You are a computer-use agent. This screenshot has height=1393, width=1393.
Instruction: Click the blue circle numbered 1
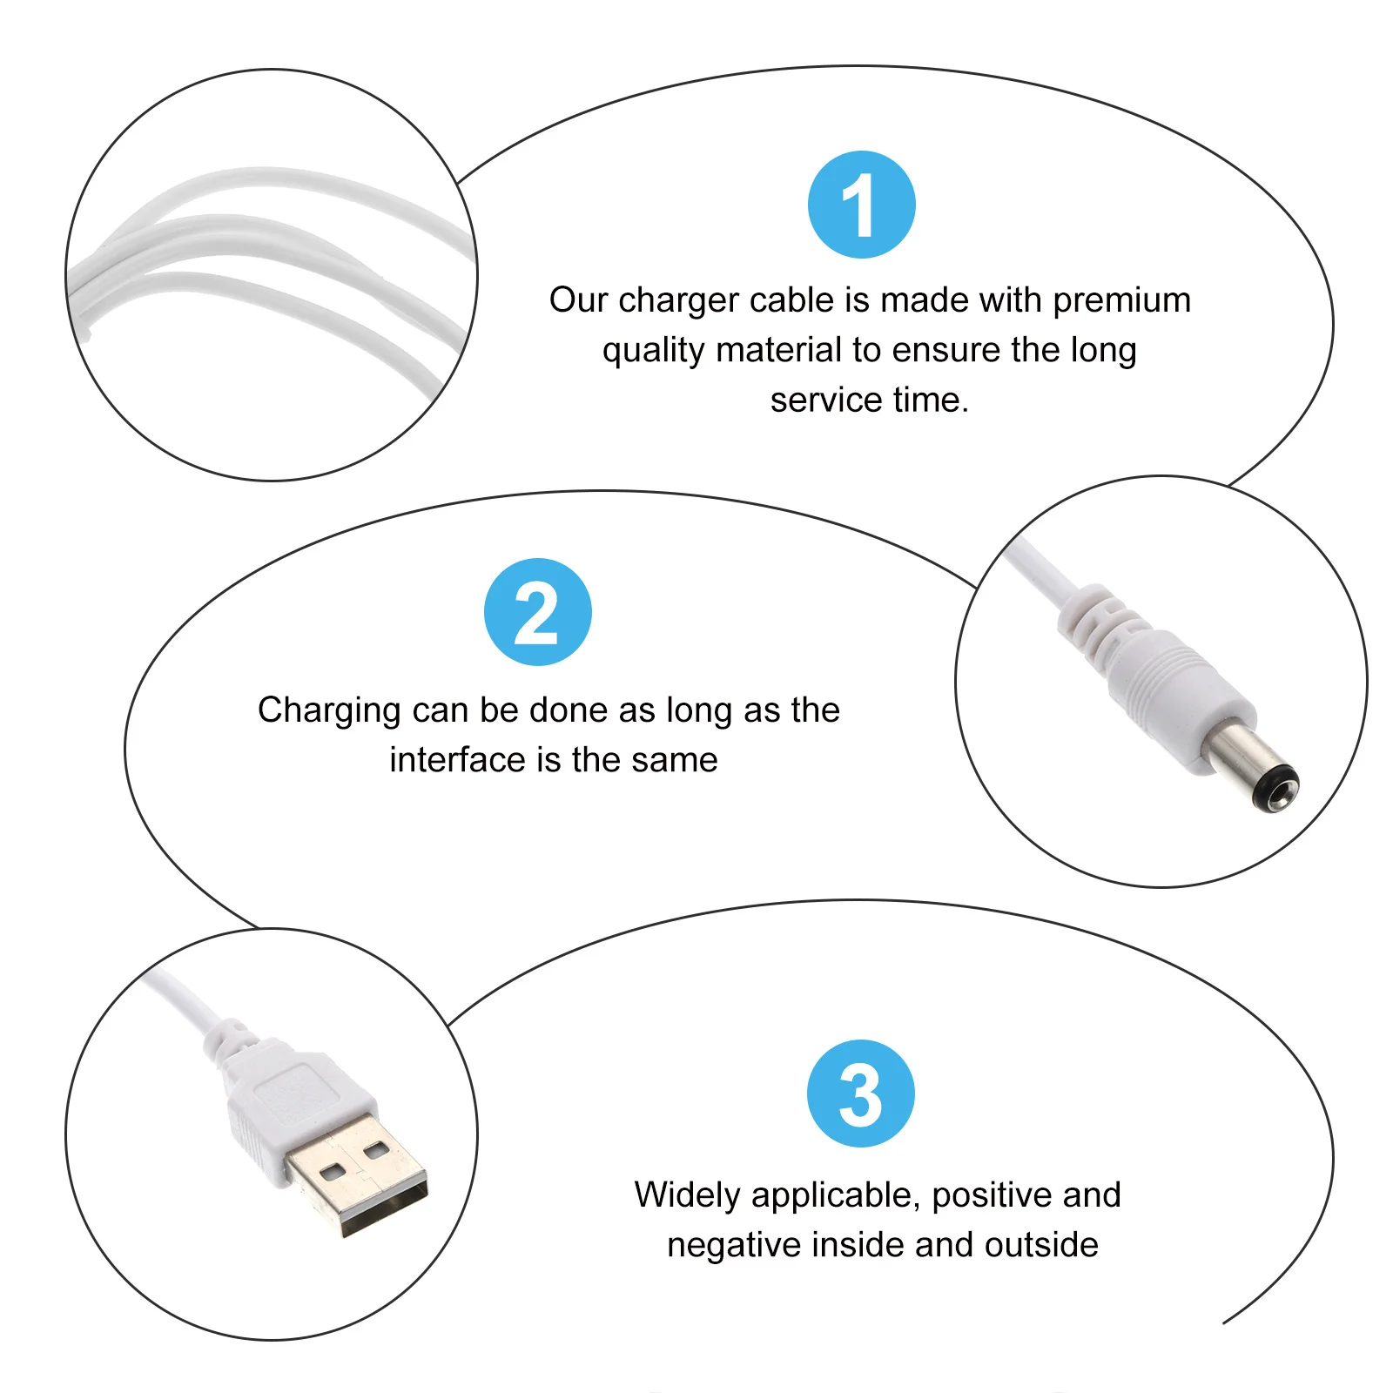(861, 205)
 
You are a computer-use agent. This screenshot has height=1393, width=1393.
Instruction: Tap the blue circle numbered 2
(537, 612)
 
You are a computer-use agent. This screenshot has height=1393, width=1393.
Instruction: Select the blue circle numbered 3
(860, 1094)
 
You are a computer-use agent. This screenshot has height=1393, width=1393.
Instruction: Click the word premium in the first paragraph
(1121, 300)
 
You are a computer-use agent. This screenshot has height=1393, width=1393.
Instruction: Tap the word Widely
(687, 1194)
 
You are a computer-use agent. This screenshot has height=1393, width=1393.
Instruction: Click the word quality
(653, 351)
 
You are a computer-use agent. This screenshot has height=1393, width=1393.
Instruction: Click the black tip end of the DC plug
(1277, 789)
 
